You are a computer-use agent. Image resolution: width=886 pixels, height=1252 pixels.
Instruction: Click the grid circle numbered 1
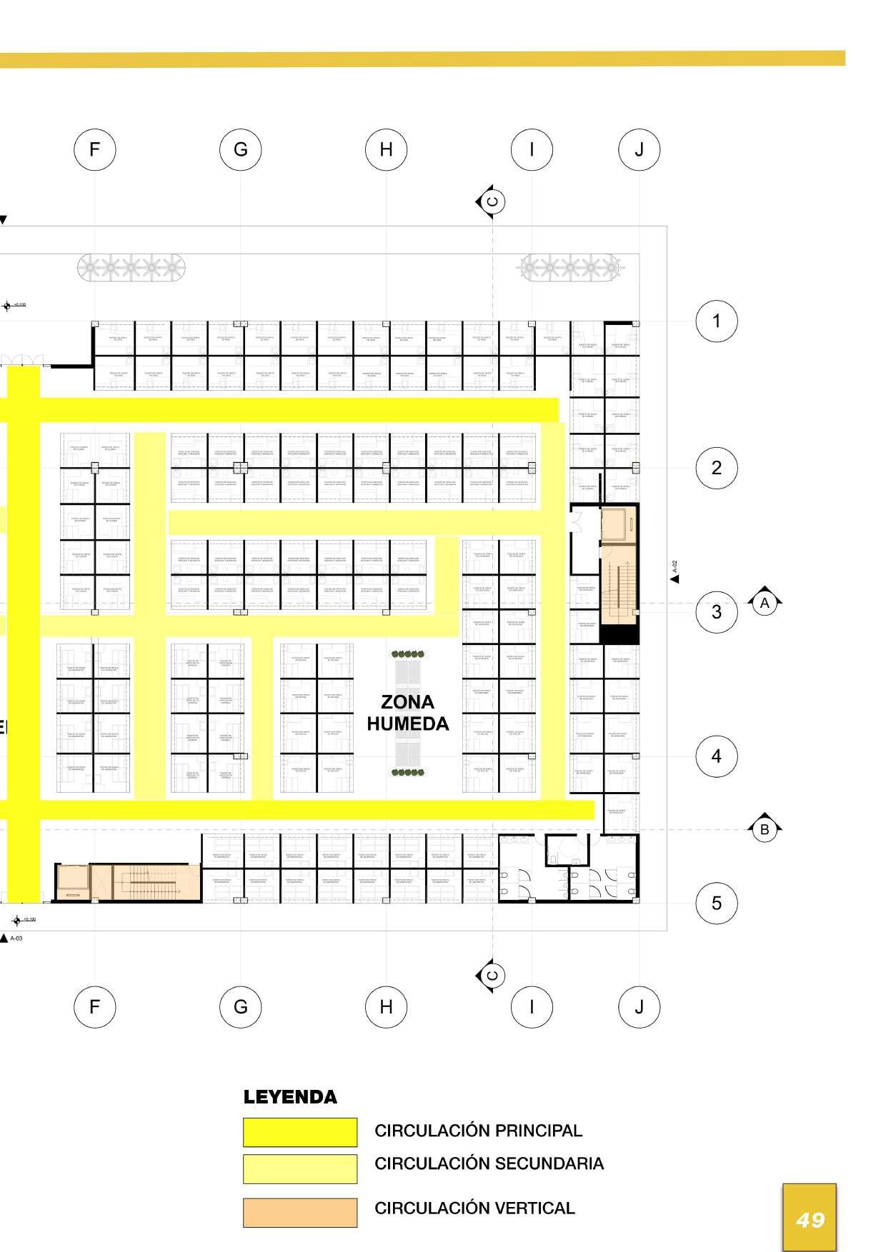717,321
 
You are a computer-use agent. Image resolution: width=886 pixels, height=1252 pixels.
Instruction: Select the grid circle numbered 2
717,468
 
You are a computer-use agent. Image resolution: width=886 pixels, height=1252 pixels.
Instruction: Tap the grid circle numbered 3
717,612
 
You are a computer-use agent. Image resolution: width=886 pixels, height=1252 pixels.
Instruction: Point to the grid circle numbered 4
717,756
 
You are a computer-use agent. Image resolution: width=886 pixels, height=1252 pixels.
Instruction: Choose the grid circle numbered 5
717,903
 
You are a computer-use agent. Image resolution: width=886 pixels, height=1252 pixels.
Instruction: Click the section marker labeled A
765,604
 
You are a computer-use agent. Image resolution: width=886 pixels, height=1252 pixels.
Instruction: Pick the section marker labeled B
765,829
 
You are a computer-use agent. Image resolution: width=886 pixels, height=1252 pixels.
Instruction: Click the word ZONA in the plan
407,702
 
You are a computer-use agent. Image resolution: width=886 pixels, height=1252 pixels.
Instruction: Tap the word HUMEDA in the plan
407,723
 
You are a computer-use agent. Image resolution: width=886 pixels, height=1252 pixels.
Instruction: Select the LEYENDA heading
290,1097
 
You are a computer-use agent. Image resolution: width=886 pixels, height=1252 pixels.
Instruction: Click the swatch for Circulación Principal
299,1132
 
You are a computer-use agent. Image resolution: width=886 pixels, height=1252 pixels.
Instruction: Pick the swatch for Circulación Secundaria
299,1168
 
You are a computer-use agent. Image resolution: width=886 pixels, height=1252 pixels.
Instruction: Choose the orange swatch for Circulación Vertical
299,1212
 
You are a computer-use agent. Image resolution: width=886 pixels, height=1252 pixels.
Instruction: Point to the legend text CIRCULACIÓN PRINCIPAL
478,1131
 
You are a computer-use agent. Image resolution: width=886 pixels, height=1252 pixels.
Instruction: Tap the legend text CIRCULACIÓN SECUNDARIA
489,1163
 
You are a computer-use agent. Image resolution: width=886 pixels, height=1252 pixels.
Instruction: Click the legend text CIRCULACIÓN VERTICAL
474,1208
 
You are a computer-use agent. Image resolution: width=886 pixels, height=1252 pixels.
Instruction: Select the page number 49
810,1219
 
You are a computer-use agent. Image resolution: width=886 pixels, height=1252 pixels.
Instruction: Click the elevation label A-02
675,568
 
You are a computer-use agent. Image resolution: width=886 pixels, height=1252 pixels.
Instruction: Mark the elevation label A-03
16,938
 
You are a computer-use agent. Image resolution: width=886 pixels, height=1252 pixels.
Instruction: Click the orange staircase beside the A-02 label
619,584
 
